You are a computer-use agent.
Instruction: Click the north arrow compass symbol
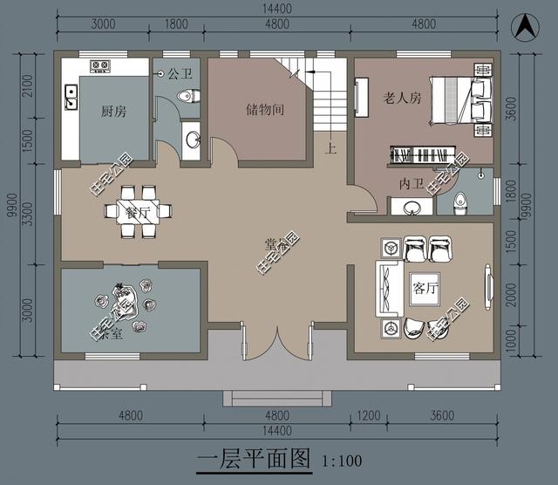pos(526,26)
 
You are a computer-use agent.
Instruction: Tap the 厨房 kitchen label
pos(113,111)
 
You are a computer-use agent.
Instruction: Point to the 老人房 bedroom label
pos(402,98)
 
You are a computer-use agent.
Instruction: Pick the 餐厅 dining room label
pos(139,212)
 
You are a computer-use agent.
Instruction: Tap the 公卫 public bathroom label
pos(180,74)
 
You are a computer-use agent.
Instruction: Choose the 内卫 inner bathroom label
pos(410,184)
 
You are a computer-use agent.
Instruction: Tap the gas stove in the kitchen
pos(98,65)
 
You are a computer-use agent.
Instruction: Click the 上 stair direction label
pos(331,147)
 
